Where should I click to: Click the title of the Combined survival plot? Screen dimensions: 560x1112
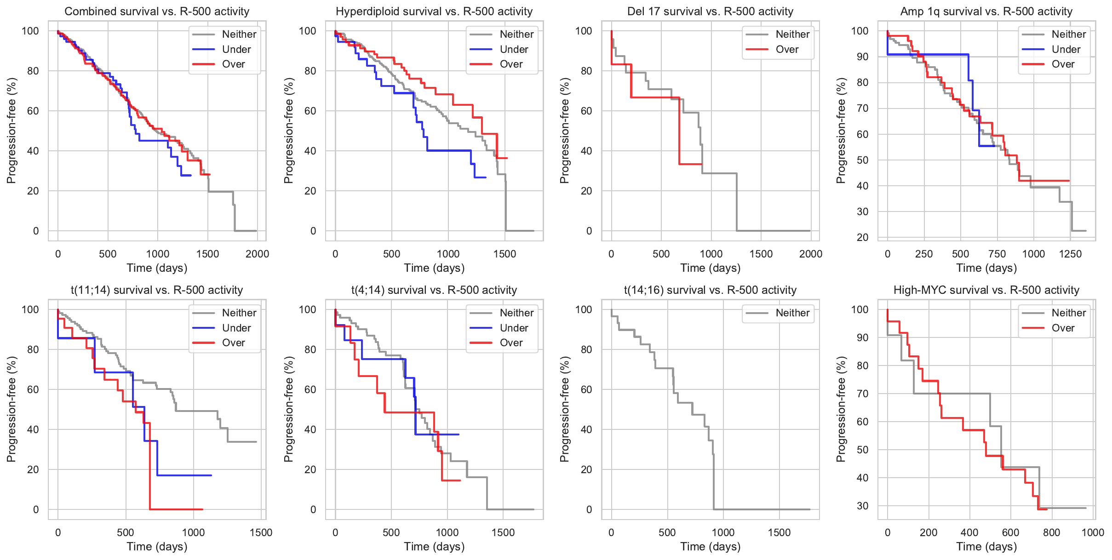click(157, 11)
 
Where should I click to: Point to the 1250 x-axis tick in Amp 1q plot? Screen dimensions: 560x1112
click(1070, 254)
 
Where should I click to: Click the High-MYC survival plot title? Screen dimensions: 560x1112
click(986, 290)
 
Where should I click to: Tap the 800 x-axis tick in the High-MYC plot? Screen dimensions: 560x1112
click(1052, 532)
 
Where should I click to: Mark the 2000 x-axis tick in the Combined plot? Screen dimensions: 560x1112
click(257, 254)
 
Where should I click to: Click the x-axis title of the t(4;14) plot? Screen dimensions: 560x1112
click(434, 547)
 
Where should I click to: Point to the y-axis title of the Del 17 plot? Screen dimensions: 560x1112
click(565, 131)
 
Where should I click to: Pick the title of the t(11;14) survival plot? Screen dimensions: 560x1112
click(157, 290)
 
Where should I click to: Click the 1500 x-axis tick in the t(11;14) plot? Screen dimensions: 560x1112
click(261, 532)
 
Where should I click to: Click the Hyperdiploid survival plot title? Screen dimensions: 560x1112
click(434, 11)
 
